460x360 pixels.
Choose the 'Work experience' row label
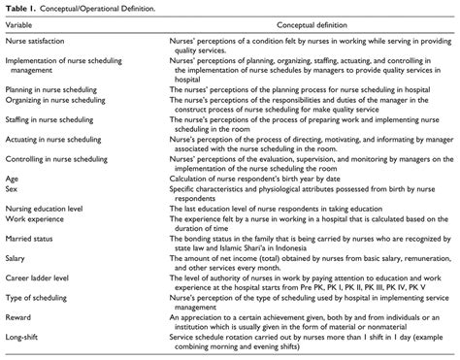point(37,238)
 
